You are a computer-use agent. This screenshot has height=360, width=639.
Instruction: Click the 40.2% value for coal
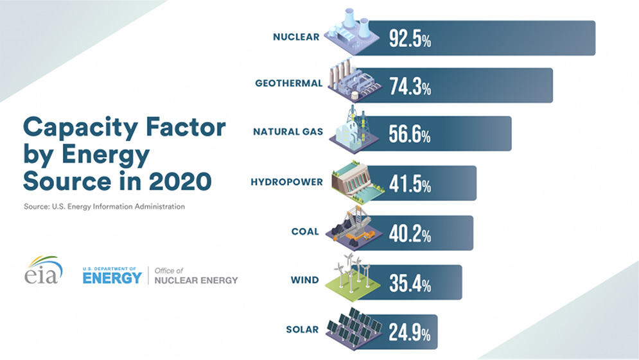[x=410, y=233]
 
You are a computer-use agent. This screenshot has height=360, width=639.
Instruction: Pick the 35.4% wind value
[x=410, y=282]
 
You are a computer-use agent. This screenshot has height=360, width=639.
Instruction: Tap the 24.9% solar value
[x=410, y=332]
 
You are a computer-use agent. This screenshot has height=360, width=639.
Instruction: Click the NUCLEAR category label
[x=295, y=37]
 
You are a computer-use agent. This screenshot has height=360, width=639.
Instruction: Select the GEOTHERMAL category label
[x=288, y=83]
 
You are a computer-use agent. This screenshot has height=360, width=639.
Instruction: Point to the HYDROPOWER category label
[x=286, y=182]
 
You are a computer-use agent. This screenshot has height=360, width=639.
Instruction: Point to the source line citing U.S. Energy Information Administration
[x=104, y=207]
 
